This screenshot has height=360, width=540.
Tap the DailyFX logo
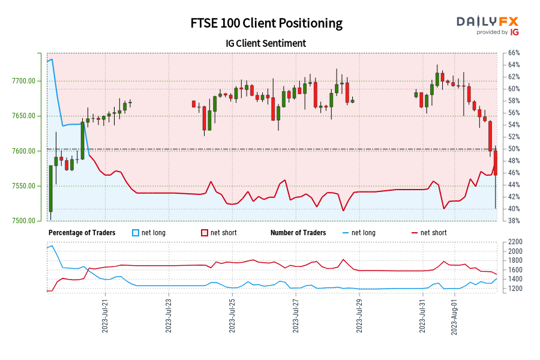[487, 25]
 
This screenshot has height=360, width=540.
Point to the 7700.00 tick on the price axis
[26, 81]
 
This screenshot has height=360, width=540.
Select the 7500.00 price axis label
[26, 221]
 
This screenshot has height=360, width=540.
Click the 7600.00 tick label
[26, 151]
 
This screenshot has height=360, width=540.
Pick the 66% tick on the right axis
[514, 53]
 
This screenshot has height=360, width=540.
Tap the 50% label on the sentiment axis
[514, 149]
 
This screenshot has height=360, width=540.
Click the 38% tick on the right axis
[514, 221]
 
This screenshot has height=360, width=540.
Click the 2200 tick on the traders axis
[515, 242]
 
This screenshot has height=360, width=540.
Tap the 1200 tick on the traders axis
[515, 289]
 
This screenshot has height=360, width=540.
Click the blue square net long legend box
[136, 233]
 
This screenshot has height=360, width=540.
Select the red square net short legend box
[205, 233]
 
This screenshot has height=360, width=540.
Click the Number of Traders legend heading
[298, 233]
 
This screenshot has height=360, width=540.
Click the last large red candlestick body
[496, 163]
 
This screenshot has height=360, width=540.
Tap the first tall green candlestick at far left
[50, 188]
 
